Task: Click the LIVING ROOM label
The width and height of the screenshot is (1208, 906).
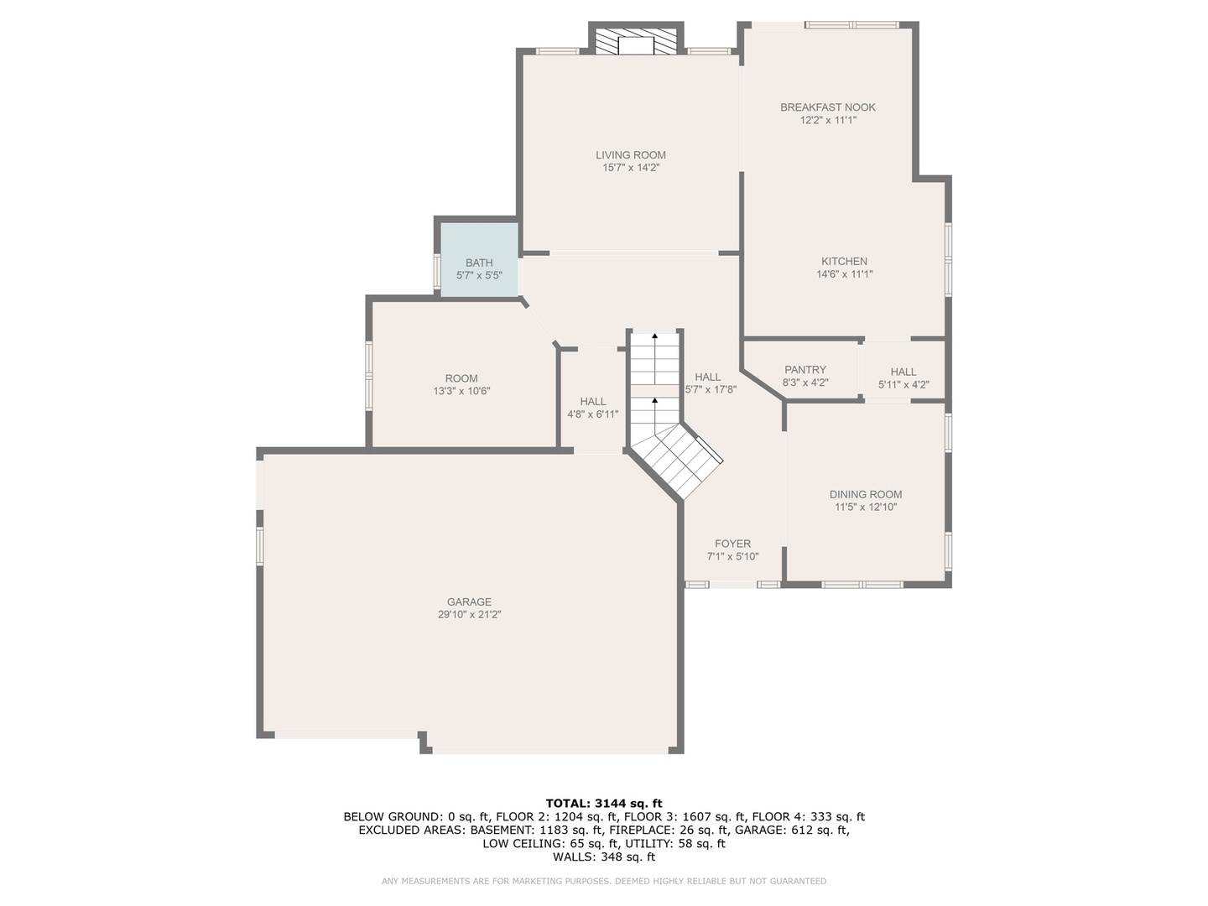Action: [631, 154]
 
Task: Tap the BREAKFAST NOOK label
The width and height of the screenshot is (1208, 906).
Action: [827, 107]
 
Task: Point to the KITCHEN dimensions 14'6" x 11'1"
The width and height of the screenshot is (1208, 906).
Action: [844, 274]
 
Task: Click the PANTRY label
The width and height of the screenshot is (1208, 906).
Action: [804, 370]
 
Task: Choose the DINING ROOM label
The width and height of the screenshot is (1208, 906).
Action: [866, 494]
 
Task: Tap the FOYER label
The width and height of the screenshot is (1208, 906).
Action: [732, 544]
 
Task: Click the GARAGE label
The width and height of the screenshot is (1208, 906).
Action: [469, 601]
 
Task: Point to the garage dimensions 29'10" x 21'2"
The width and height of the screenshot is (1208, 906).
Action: [469, 615]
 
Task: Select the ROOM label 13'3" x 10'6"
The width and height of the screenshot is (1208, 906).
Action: [461, 378]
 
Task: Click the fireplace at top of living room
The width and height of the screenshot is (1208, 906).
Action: [635, 42]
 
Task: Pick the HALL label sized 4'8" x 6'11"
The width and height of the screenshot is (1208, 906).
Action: [592, 402]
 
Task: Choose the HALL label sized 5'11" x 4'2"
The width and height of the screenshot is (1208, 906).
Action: [903, 372]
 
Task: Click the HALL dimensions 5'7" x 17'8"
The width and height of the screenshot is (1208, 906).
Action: [711, 389]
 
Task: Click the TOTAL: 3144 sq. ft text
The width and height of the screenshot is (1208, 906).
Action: [603, 803]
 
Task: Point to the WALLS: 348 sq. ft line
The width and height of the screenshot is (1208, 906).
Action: [603, 857]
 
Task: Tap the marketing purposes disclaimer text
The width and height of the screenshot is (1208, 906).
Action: [603, 881]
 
